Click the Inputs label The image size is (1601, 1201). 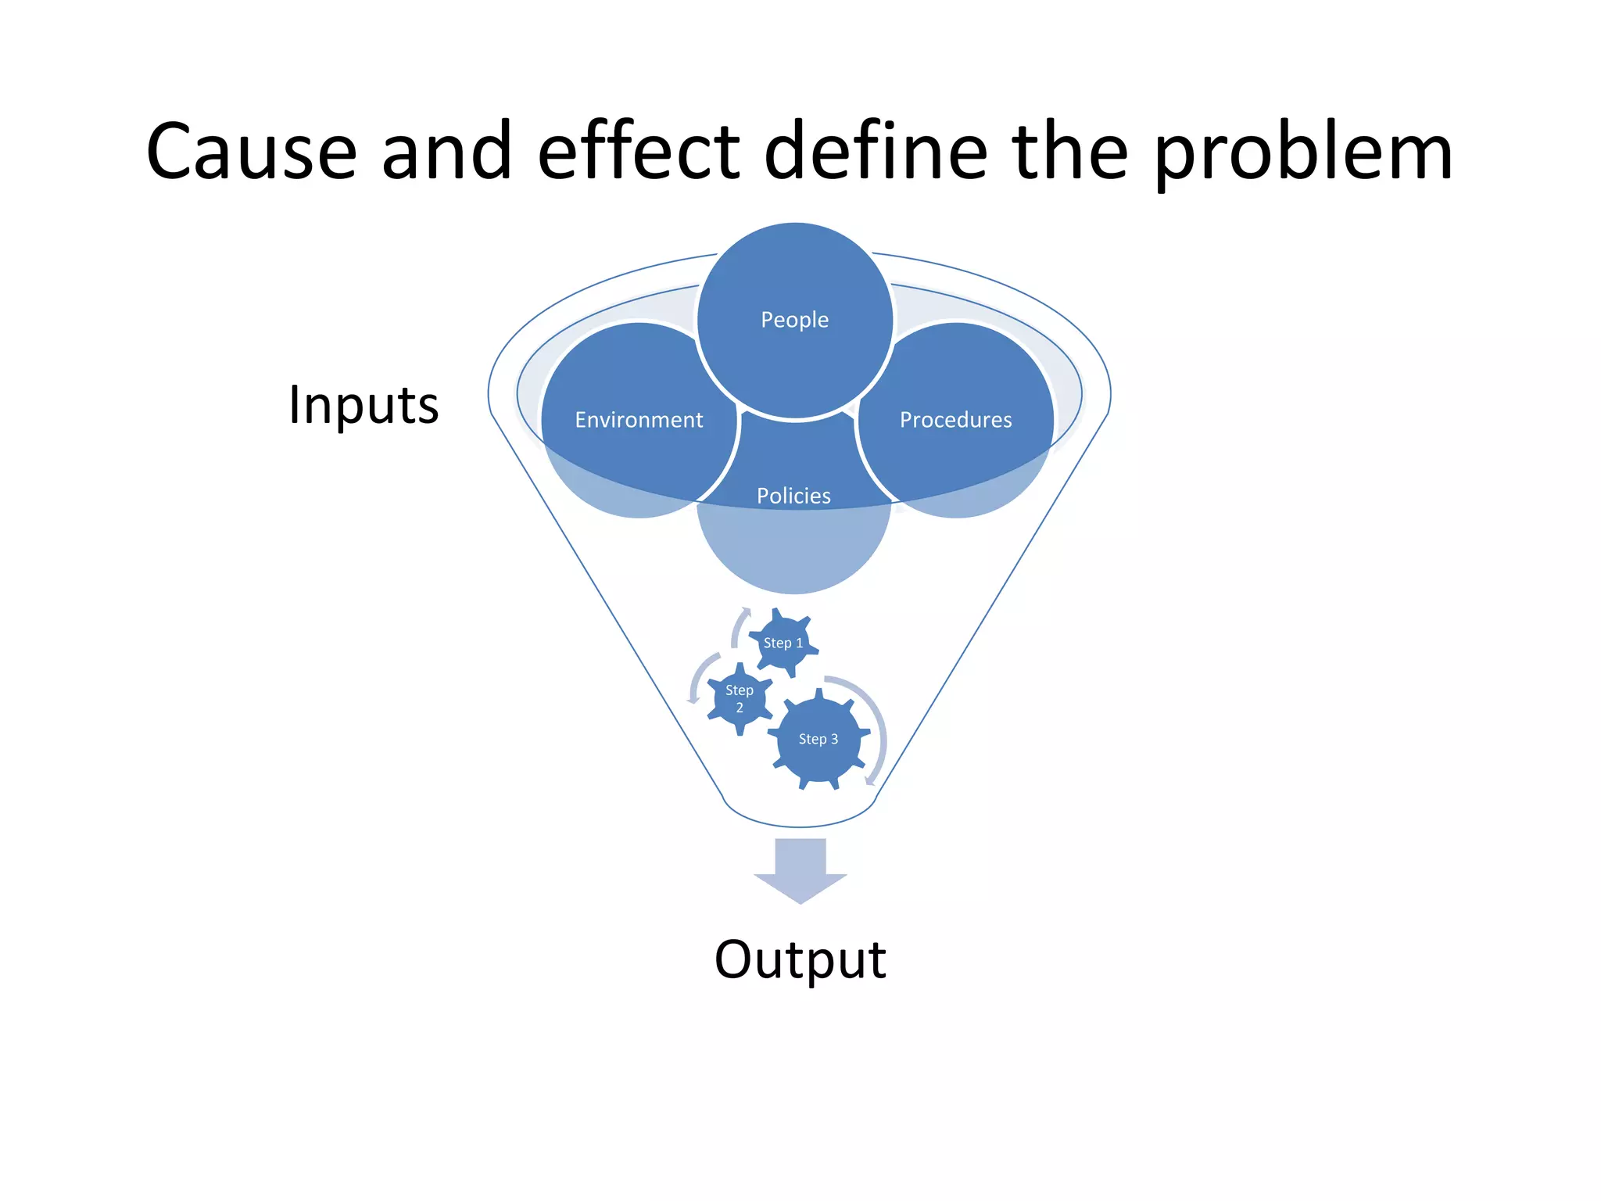tap(364, 406)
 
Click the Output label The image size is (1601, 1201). tap(800, 960)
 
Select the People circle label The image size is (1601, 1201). tap(794, 320)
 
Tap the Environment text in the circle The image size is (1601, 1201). tap(639, 420)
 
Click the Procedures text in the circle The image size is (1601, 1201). tap(955, 420)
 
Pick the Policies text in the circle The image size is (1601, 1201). tap(793, 496)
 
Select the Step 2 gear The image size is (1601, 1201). tap(739, 699)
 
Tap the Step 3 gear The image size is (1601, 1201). tap(818, 740)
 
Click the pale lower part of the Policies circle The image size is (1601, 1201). tap(793, 551)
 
